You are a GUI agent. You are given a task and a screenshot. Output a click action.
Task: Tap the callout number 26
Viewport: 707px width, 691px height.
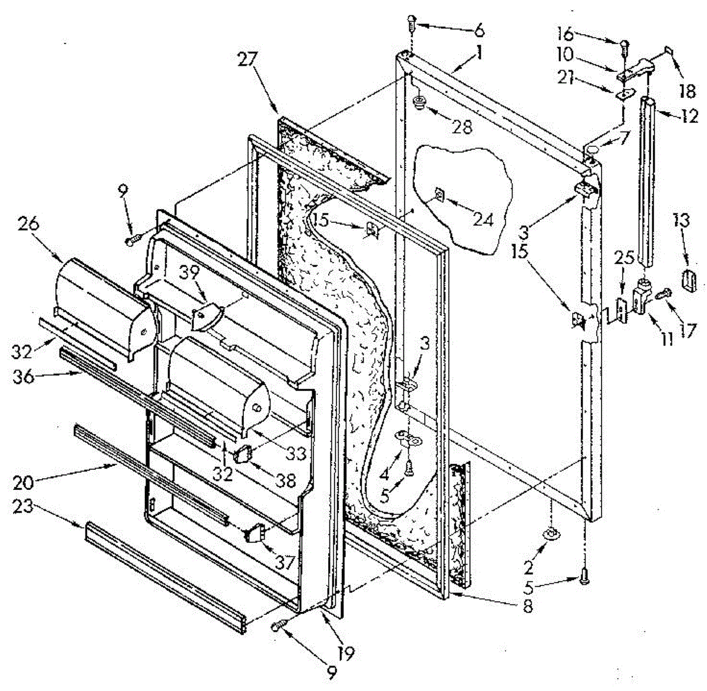(29, 225)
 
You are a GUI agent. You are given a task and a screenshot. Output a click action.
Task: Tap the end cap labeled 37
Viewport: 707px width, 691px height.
(255, 534)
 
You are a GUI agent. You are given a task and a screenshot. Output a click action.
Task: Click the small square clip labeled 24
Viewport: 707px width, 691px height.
(438, 193)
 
